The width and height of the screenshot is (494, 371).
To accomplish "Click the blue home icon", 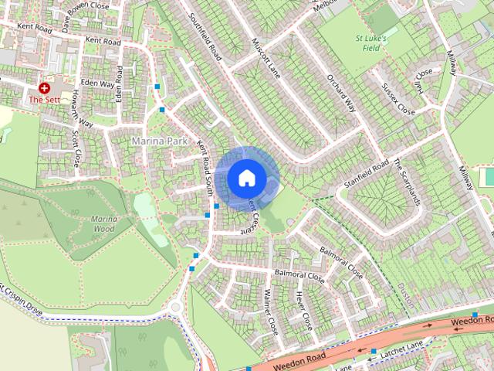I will pyautogui.click(x=247, y=178).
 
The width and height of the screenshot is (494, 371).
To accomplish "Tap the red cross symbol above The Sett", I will pyautogui.click(x=44, y=89).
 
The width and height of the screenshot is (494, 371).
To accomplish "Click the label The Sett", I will pyautogui.click(x=44, y=100).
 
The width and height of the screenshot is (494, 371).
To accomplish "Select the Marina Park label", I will pyautogui.click(x=160, y=141).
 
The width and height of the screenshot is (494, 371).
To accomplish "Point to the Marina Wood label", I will pyautogui.click(x=104, y=224).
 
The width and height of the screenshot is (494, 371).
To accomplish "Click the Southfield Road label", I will pyautogui.click(x=209, y=37).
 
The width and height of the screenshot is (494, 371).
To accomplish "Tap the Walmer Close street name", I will pyautogui.click(x=271, y=311).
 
